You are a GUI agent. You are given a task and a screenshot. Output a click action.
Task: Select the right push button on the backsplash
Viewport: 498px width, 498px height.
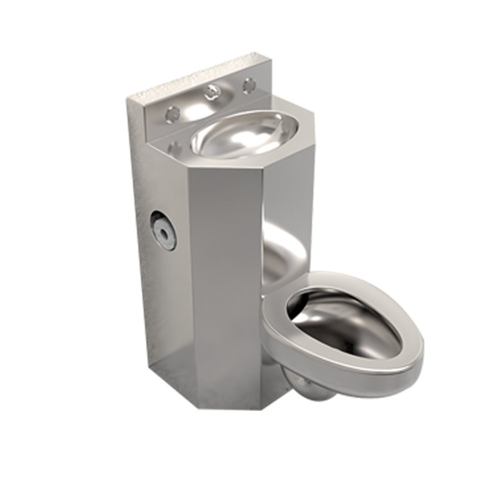tap(249, 84)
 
